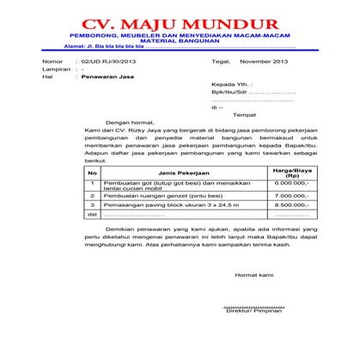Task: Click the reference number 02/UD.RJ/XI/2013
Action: click(107, 63)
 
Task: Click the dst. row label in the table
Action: click(93, 215)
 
